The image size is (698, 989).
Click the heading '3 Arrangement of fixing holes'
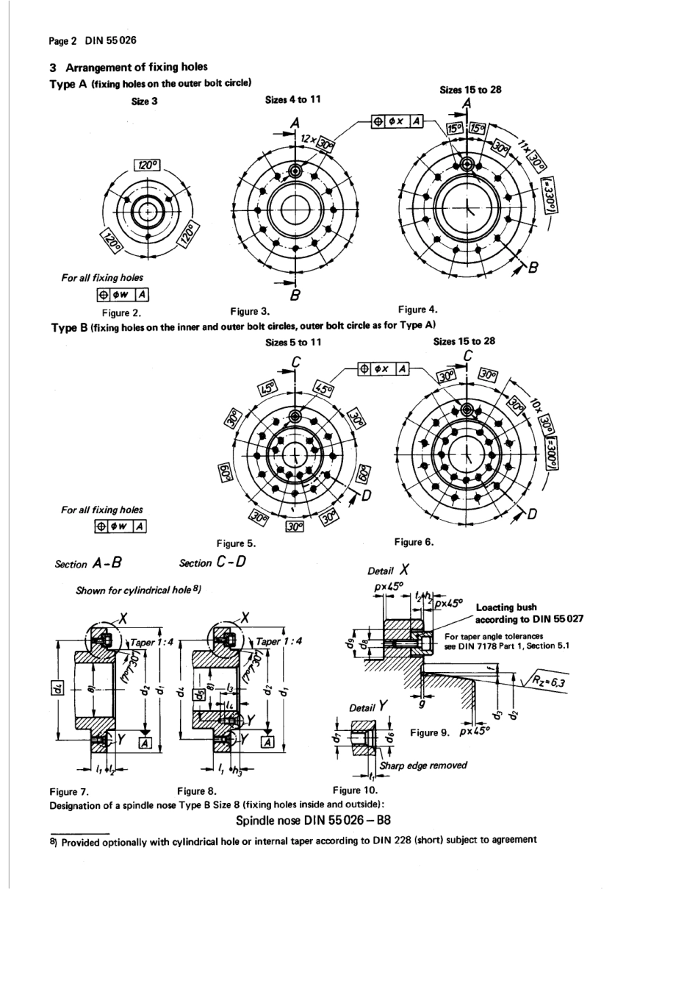(x=129, y=67)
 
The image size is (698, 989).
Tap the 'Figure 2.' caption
(x=121, y=313)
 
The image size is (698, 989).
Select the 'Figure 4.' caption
(x=417, y=310)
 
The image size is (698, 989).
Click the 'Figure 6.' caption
(x=414, y=542)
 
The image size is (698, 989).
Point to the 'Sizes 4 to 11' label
(x=292, y=99)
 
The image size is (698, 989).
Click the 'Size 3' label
(x=144, y=101)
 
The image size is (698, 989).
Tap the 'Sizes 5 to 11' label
(x=292, y=342)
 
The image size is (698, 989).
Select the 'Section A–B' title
(x=87, y=563)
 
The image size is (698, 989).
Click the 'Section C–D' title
(x=212, y=563)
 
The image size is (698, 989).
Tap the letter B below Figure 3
(x=295, y=296)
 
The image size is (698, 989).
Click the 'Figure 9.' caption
(x=429, y=732)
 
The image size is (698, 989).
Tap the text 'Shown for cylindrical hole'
(x=138, y=590)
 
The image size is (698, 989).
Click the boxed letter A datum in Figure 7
(x=144, y=744)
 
